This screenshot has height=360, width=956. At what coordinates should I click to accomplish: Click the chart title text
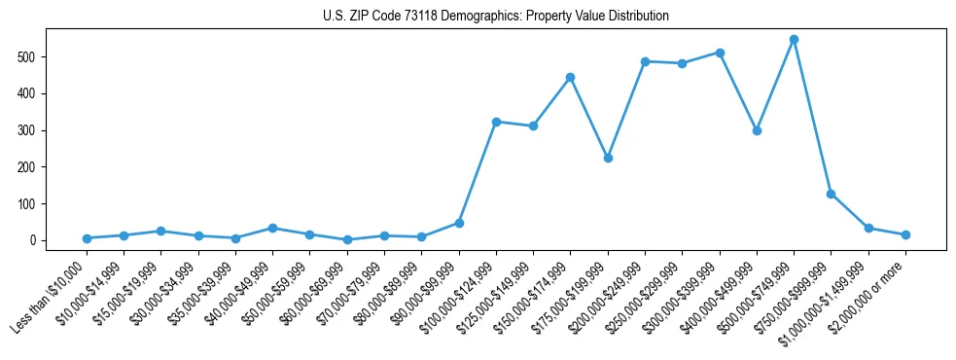click(x=495, y=17)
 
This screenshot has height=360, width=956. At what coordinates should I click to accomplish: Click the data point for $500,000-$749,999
click(x=794, y=40)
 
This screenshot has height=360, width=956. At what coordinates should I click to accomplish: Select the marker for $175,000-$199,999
click(x=608, y=158)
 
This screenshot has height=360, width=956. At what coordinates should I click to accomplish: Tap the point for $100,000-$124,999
click(x=496, y=122)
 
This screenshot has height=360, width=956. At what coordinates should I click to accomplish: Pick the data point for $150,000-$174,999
click(x=570, y=77)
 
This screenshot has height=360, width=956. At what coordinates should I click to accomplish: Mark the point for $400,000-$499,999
click(x=757, y=130)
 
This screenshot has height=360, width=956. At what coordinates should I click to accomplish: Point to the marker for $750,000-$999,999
click(x=831, y=194)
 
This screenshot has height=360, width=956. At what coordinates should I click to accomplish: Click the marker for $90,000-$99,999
click(x=459, y=223)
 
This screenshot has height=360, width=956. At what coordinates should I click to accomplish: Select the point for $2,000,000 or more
click(x=905, y=234)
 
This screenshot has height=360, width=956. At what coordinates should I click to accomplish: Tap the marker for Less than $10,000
click(x=87, y=238)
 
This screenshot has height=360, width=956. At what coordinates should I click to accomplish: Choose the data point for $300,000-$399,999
click(x=720, y=53)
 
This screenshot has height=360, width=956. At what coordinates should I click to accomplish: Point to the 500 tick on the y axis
click(x=37, y=56)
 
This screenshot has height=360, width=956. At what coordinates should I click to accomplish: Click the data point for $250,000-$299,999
click(x=682, y=63)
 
